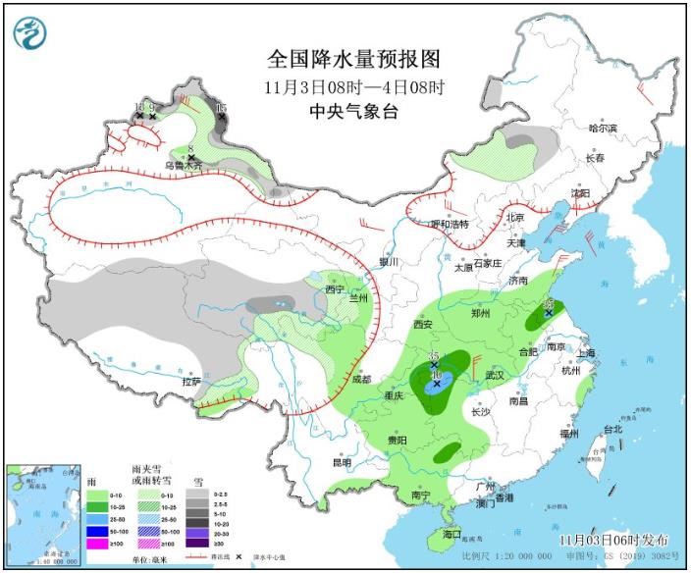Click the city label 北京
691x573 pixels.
click(x=515, y=217)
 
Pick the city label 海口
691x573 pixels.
click(x=452, y=534)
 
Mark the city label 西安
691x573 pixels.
click(x=422, y=324)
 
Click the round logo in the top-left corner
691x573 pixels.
click(x=31, y=33)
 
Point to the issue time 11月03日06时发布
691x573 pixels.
click(x=614, y=541)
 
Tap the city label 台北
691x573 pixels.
click(x=612, y=430)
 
